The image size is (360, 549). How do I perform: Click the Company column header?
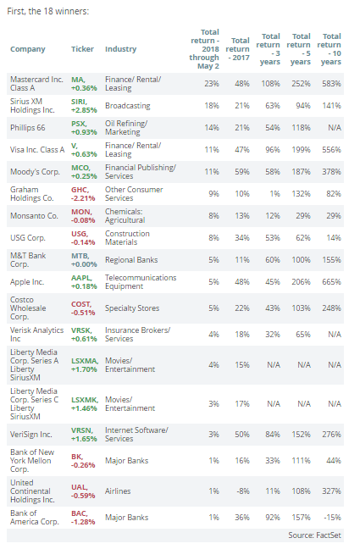(x=28, y=49)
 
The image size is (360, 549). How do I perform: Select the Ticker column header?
(x=82, y=49)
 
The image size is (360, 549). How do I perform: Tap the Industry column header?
(x=120, y=49)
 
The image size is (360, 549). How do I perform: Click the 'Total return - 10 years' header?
(x=330, y=49)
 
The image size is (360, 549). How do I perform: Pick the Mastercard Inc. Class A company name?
(x=36, y=84)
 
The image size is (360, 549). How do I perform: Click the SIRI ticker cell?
(x=84, y=106)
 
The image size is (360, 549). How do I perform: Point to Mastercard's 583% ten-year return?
(x=331, y=84)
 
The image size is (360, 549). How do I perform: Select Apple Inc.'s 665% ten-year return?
(x=331, y=282)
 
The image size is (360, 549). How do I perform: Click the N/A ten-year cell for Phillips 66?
(x=335, y=128)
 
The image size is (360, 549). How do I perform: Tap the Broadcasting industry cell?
(x=127, y=106)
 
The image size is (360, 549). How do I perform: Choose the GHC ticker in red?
(x=83, y=194)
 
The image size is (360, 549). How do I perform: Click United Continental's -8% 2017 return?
(x=243, y=491)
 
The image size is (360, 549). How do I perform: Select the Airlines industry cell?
(x=118, y=491)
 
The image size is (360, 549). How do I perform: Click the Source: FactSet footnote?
(x=314, y=535)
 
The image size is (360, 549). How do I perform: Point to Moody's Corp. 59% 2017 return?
(x=242, y=172)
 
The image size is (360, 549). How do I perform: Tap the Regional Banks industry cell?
(x=131, y=260)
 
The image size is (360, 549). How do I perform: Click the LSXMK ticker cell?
(x=85, y=404)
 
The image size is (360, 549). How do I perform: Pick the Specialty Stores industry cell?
(x=132, y=308)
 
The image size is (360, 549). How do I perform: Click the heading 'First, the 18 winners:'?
(x=48, y=11)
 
